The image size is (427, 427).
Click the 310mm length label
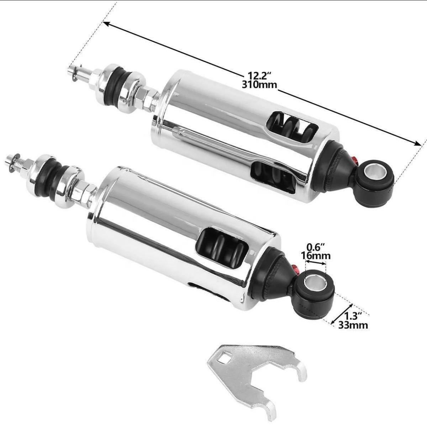(259, 85)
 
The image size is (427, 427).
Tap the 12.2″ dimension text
(259, 76)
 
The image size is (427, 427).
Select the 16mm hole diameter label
(316, 256)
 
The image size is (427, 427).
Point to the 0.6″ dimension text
(316, 247)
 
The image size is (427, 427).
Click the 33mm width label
(353, 325)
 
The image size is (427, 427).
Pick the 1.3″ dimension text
(353, 316)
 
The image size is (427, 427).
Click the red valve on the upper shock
(354, 160)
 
